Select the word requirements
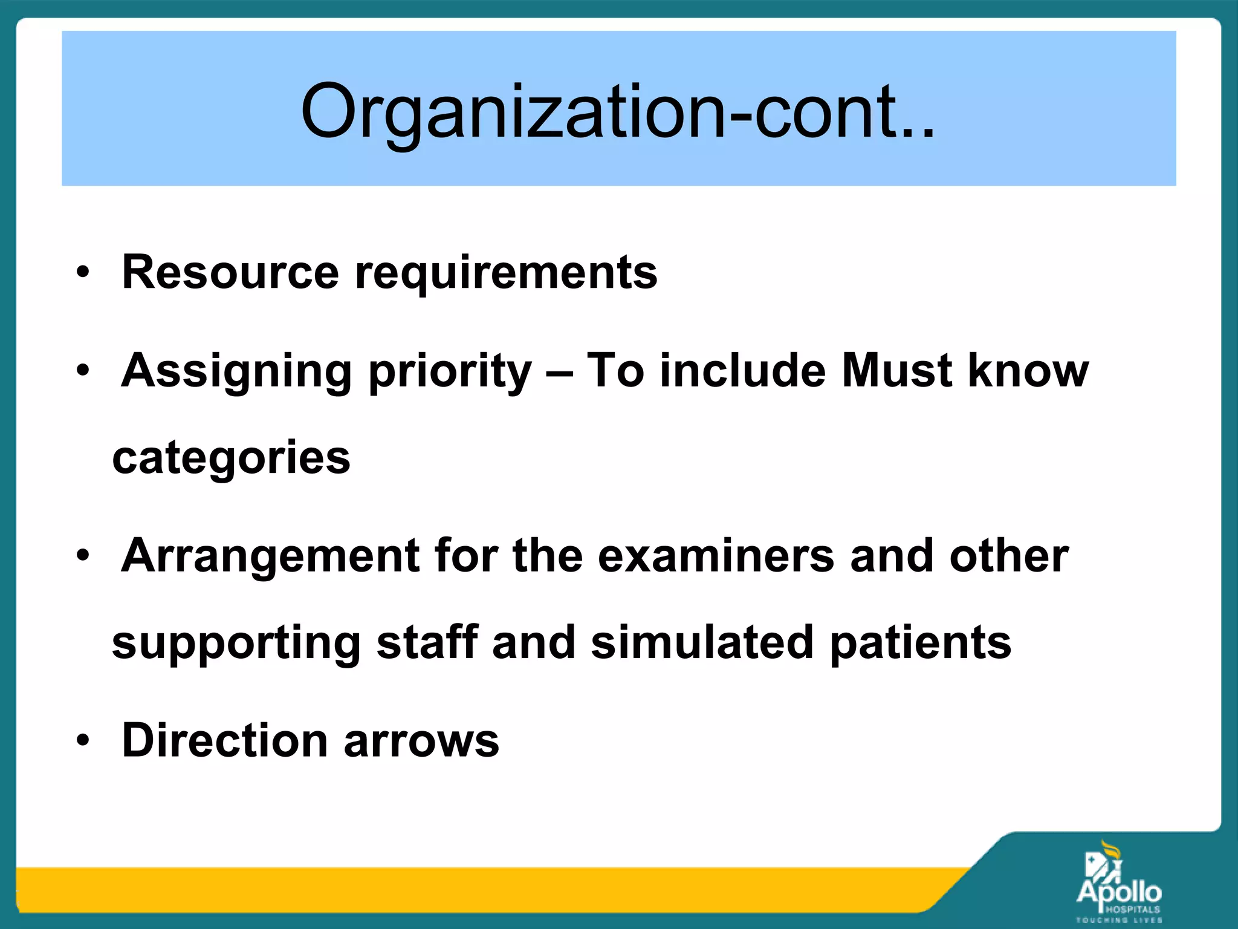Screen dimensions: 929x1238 [506, 273]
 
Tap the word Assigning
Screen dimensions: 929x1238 [236, 371]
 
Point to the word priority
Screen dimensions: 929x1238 [450, 371]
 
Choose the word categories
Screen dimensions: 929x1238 [231, 458]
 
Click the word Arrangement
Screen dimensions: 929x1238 [270, 556]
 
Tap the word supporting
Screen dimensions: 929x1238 [236, 644]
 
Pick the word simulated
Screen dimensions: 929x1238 [702, 642]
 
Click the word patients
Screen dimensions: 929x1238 [920, 644]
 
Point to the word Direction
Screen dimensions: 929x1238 [224, 740]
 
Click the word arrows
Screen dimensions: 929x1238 [421, 742]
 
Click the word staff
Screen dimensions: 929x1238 [427, 642]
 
